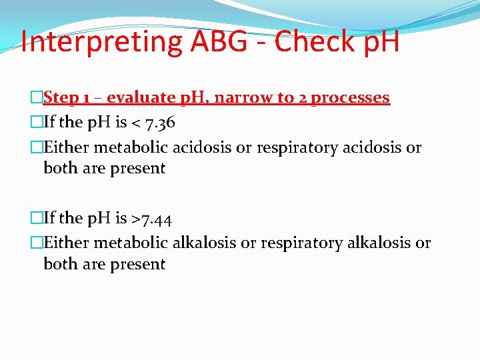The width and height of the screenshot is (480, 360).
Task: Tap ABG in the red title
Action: click(x=209, y=41)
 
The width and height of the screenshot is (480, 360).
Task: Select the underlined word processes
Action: click(x=350, y=98)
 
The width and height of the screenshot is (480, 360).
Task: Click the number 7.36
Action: click(x=157, y=123)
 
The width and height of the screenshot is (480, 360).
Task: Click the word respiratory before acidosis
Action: click(x=296, y=147)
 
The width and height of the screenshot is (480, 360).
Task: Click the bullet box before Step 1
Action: click(x=37, y=98)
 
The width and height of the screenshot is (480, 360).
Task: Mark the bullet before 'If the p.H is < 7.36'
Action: click(x=37, y=123)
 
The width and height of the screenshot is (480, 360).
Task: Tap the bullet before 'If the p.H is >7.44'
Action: click(x=37, y=219)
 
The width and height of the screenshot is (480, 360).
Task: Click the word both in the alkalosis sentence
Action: click(x=59, y=264)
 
